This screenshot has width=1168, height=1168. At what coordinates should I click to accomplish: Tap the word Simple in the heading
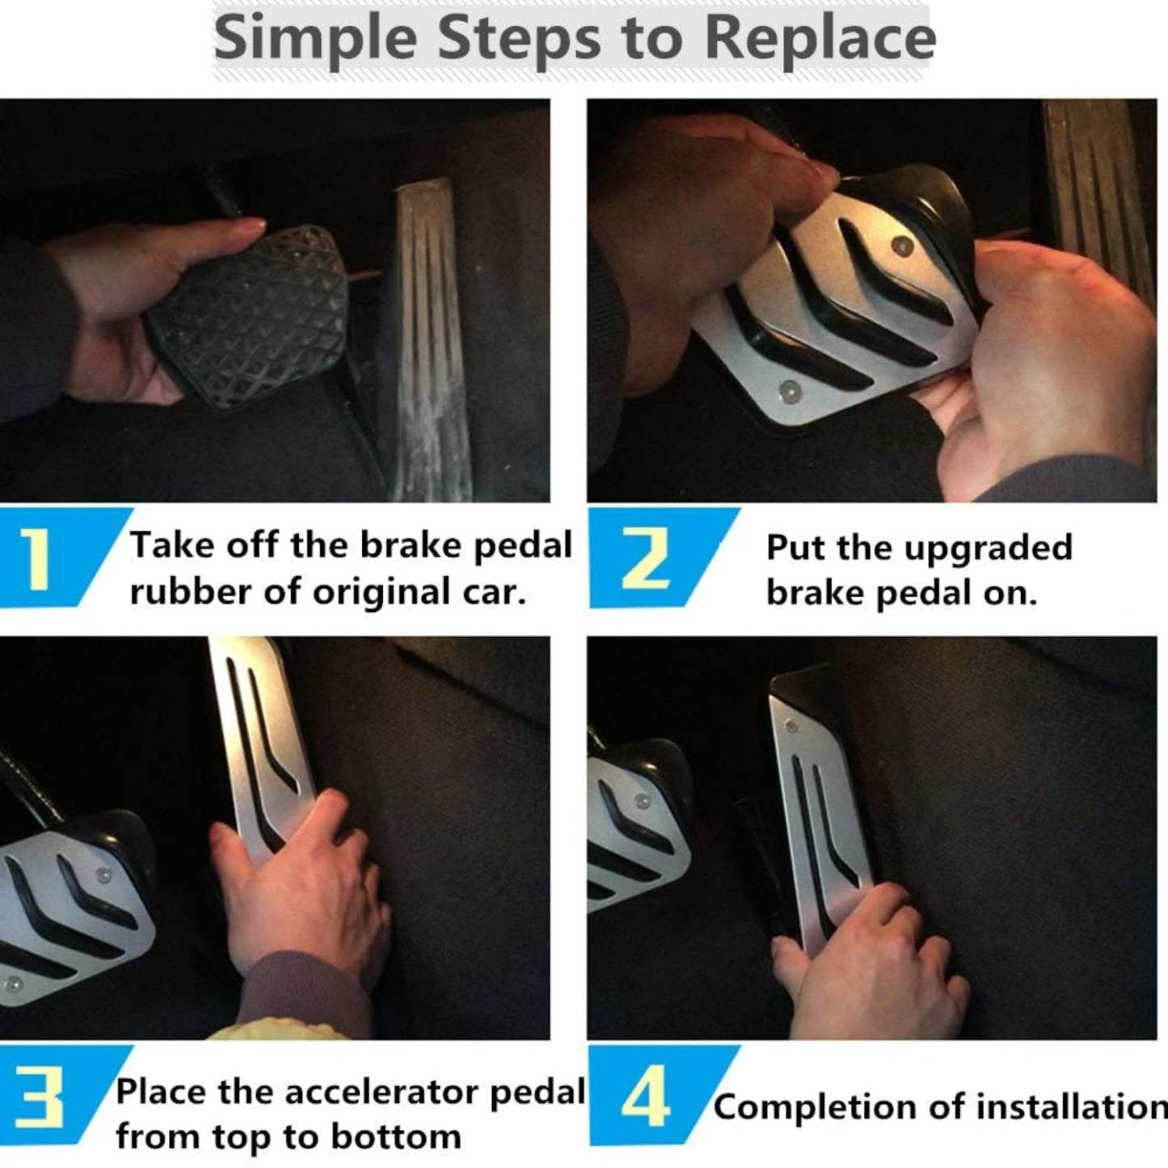coord(316,38)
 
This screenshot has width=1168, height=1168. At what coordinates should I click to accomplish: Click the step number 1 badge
coord(36,558)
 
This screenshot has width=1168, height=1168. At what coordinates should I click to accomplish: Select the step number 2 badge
coord(647,558)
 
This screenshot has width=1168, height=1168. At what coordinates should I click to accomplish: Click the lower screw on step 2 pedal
coord(788,391)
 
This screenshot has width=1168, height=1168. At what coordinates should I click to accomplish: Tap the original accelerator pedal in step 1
coord(432,339)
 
